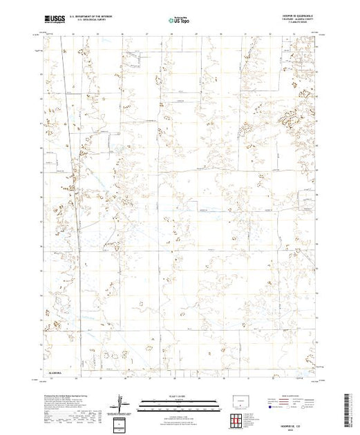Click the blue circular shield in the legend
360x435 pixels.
tap(270, 407)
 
